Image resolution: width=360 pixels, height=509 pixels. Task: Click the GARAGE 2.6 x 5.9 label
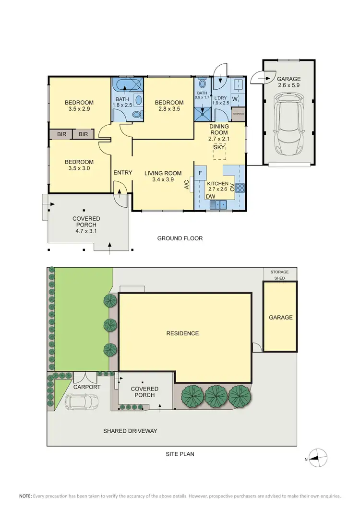tap(288, 82)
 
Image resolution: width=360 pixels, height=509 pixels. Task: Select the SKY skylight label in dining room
tap(219, 147)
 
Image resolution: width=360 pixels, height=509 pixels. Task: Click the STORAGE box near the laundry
tap(239, 114)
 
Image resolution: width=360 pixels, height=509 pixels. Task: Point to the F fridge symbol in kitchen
tap(200, 172)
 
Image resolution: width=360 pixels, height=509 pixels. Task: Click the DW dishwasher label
tap(210, 196)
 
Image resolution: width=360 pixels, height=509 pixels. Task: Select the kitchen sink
tap(221, 205)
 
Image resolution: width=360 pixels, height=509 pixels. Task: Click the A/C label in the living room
tap(187, 185)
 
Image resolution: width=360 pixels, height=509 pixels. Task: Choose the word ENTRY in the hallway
tap(122, 173)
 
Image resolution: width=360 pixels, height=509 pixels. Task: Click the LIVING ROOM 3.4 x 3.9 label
tap(163, 177)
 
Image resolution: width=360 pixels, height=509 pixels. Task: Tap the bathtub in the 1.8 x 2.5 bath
tap(128, 87)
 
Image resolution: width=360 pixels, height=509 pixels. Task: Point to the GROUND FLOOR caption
tap(180, 238)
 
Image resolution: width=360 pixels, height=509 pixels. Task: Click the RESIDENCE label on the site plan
tap(182, 333)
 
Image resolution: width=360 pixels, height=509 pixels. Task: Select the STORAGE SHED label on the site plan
tap(279, 275)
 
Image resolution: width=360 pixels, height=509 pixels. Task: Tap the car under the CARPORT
tap(81, 402)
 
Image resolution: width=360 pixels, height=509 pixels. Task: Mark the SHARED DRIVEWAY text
tap(130, 431)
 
